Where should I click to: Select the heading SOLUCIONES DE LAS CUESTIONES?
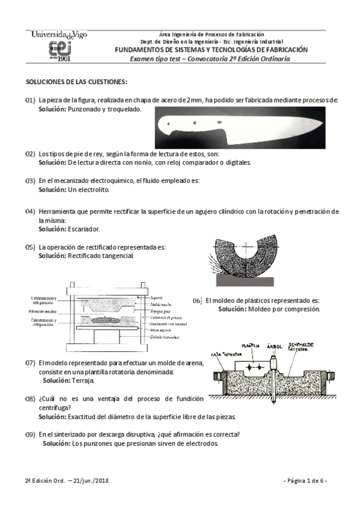(x=76, y=81)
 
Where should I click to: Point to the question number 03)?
(x=29, y=180)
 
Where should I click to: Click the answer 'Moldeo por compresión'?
(x=283, y=309)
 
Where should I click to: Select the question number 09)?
(x=29, y=435)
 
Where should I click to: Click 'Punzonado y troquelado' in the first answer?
(x=104, y=109)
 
